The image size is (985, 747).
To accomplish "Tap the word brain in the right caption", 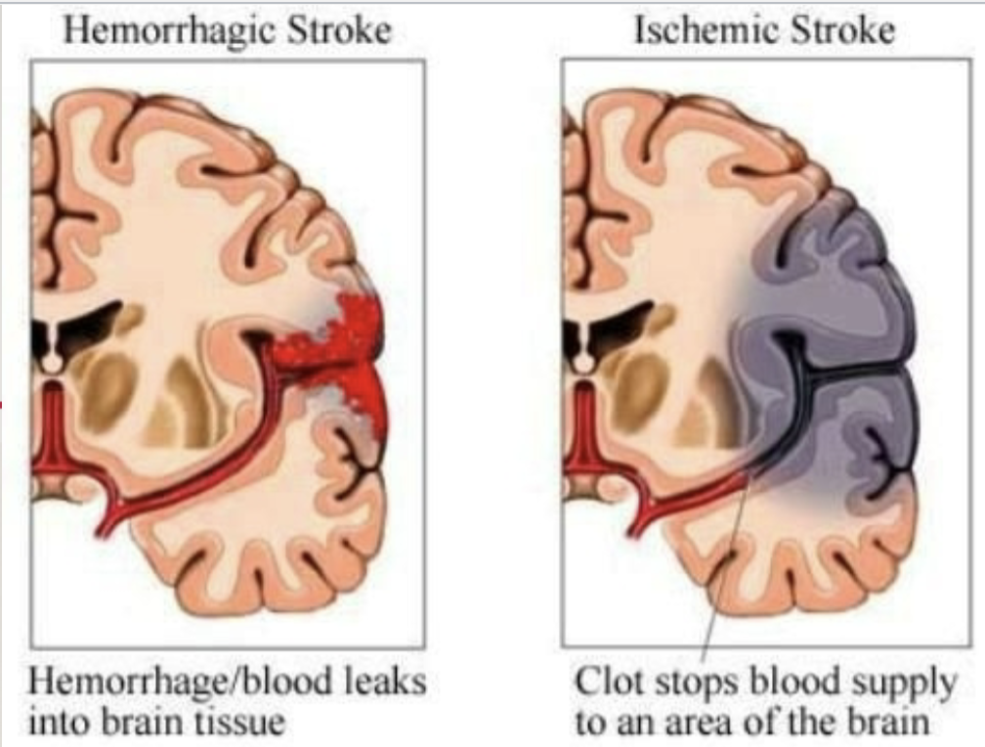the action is [879, 724].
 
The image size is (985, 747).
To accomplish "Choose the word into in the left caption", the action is [61, 724].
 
